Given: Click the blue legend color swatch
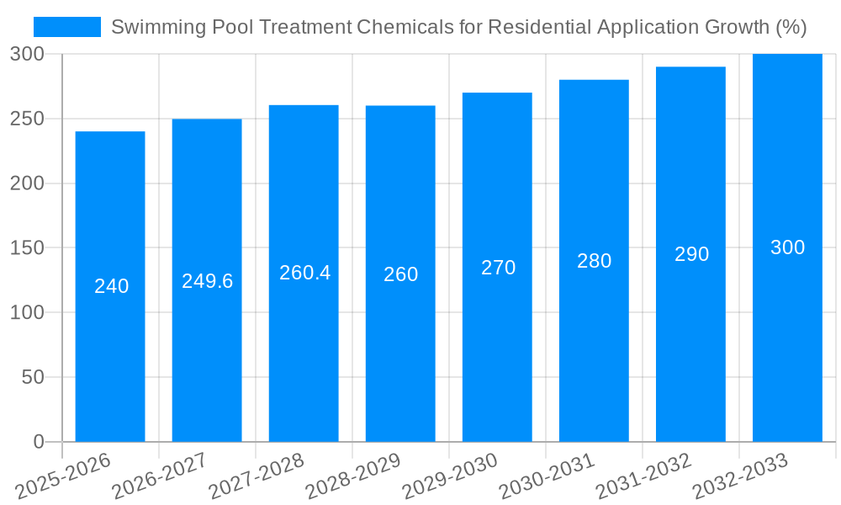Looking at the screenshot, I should click(x=67, y=27).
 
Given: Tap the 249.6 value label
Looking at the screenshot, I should click(x=207, y=281).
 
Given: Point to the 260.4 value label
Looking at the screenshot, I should click(x=304, y=273).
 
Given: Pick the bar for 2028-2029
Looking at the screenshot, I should click(x=400, y=337).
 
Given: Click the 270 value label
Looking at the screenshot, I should click(x=498, y=268).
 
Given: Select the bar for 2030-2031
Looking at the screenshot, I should click(x=594, y=337).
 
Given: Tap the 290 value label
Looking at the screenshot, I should click(x=691, y=254).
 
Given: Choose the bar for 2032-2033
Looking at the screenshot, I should click(x=787, y=337).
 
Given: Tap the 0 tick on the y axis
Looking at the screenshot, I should click(x=39, y=442).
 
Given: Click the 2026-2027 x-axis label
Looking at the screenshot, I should click(x=160, y=476).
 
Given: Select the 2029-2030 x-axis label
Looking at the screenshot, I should click(x=451, y=476).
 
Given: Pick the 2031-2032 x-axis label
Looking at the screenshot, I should click(x=644, y=476).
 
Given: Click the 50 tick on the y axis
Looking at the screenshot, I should click(x=33, y=377).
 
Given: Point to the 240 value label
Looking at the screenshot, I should click(x=111, y=286).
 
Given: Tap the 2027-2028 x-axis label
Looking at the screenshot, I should click(x=257, y=476).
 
